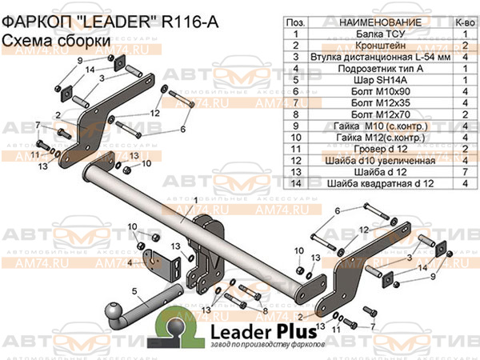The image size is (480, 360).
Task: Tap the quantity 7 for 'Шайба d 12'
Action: (464, 172)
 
